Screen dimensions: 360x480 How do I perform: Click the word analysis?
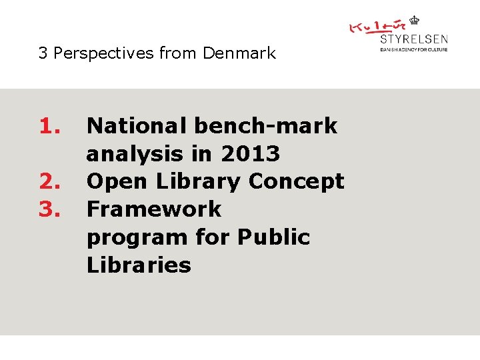(x=134, y=154)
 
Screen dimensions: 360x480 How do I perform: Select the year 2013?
(x=249, y=154)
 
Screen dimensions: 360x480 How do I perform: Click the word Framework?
(x=154, y=209)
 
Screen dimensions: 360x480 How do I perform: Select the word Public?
(x=273, y=237)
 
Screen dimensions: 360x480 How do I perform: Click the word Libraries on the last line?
(x=139, y=265)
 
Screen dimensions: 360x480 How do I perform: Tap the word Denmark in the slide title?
(x=239, y=53)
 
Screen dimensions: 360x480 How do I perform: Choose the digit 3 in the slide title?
(x=43, y=53)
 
